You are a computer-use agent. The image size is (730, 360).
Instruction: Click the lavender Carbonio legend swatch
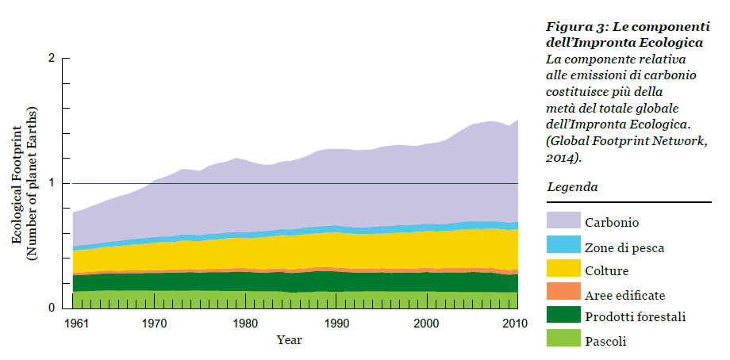[563, 223]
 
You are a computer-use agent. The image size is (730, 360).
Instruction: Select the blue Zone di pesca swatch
[563, 247]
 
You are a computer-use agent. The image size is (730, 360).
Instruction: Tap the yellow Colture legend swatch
[563, 270]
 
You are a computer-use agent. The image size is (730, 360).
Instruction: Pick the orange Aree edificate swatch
[563, 293]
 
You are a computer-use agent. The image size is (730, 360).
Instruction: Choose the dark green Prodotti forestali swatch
[563, 317]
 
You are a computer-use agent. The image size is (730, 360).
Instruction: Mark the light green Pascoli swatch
[563, 341]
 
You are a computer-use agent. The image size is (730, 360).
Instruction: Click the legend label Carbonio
[613, 223]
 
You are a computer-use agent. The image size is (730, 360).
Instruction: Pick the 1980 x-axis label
[246, 324]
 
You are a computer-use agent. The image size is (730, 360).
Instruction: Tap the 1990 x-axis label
[337, 324]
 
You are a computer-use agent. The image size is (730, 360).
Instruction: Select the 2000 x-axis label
[428, 324]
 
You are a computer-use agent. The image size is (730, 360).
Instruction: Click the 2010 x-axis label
[517, 324]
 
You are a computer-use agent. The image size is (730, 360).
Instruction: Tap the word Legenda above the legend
[572, 188]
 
